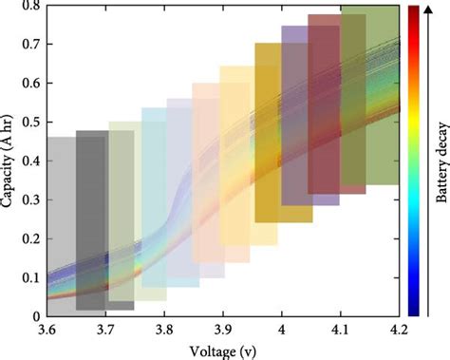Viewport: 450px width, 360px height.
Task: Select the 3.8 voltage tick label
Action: pos(164,329)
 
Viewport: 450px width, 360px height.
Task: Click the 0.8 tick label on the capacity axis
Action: pos(31,7)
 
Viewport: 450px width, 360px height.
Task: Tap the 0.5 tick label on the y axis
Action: pos(31,123)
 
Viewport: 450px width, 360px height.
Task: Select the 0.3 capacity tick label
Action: pos(31,199)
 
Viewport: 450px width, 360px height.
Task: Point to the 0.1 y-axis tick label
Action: pos(31,276)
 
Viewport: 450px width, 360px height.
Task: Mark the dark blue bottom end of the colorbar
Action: pos(416,309)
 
